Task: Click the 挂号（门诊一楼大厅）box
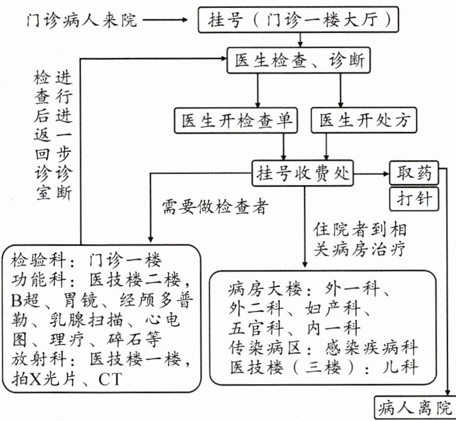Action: click(298, 20)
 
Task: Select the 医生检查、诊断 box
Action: click(298, 60)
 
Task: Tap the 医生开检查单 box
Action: click(236, 121)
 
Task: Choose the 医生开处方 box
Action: click(364, 121)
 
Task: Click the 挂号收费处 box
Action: click(303, 173)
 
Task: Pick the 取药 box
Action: click(414, 173)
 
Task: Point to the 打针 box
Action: click(414, 199)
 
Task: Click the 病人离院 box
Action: click(415, 408)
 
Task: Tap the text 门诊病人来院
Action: click(82, 20)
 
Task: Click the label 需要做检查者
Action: click(215, 207)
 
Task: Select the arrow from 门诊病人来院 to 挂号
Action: click(165, 20)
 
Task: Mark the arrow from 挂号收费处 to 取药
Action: click(371, 174)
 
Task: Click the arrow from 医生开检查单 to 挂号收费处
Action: click(283, 147)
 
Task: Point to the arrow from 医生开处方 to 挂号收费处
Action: click(326, 147)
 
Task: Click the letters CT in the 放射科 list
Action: click(110, 379)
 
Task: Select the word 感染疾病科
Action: click(371, 347)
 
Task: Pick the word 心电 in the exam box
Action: click(162, 320)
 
